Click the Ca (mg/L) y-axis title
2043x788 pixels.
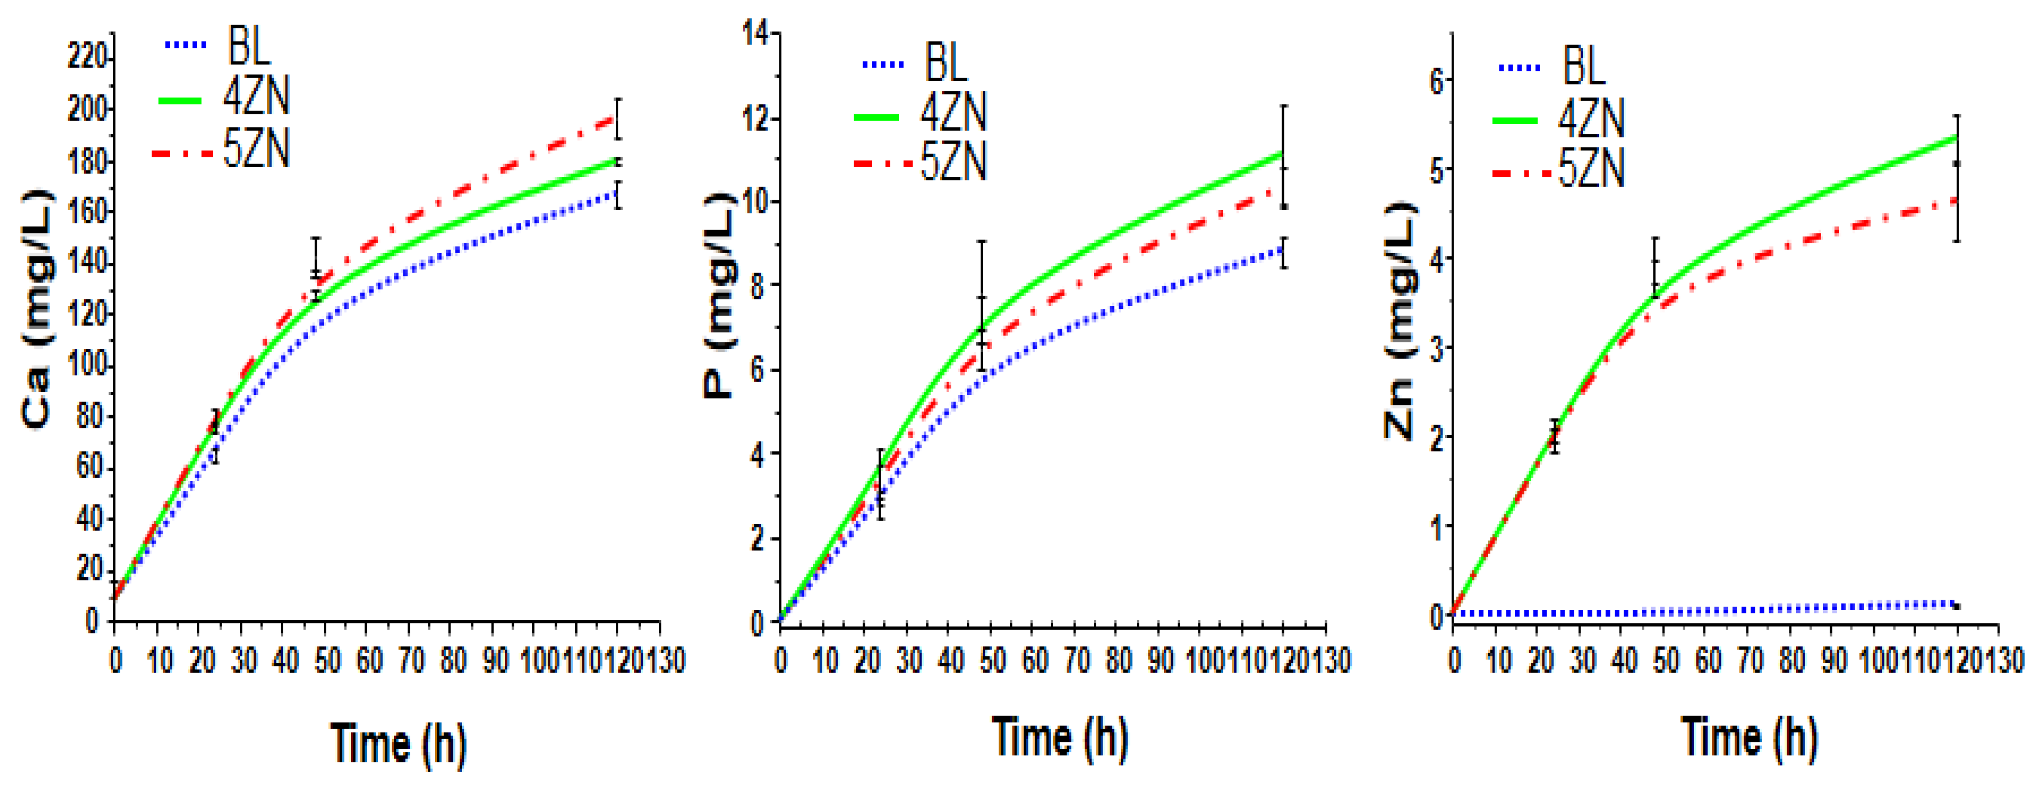pyautogui.click(x=37, y=309)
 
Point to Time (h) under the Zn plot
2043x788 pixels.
pyautogui.click(x=1749, y=737)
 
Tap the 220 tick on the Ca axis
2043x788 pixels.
pyautogui.click(x=87, y=57)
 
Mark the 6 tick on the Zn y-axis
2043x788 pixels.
pyautogui.click(x=1436, y=79)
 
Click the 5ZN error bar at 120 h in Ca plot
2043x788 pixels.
pyautogui.click(x=618, y=119)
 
